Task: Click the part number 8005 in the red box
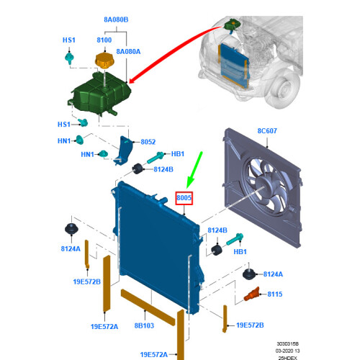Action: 184,198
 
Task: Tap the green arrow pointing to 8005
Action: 195,170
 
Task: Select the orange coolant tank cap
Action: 104,60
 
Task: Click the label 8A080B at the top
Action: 116,19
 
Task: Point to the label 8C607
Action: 267,131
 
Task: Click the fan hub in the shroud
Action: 264,186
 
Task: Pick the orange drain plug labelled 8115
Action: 252,294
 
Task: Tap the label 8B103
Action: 144,325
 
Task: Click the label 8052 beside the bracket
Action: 148,142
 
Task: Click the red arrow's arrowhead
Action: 132,80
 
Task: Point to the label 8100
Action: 104,40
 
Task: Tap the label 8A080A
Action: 128,52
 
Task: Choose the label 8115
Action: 275,294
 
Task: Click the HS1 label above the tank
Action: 69,40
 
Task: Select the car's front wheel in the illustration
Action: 283,88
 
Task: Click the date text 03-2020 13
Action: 287,351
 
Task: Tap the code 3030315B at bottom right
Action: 287,344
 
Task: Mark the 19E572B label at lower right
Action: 250,325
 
